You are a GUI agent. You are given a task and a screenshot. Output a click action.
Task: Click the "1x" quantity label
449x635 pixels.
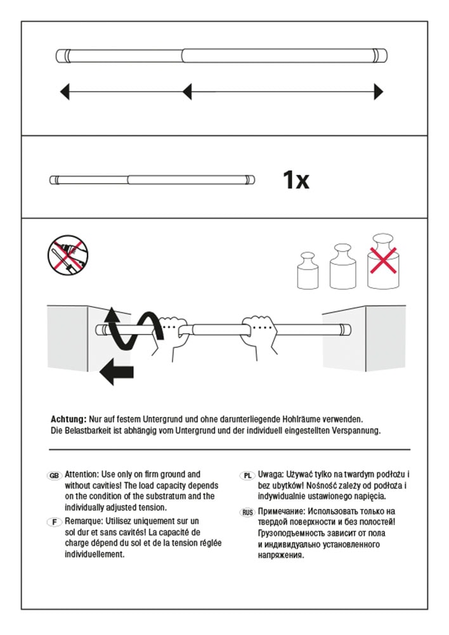coord(296,181)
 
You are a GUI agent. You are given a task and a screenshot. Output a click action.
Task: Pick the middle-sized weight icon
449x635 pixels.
coord(342,266)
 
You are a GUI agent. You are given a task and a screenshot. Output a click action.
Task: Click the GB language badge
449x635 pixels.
coord(55,475)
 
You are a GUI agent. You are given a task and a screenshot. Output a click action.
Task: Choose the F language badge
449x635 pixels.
coord(55,521)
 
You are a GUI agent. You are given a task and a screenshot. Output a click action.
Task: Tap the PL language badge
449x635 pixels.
coord(247,475)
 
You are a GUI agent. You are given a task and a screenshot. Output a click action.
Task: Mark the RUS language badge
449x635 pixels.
coord(247,511)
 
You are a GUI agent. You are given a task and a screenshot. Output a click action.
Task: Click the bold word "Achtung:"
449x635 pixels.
coord(68,420)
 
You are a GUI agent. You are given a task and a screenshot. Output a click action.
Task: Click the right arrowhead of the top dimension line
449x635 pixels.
coord(379,93)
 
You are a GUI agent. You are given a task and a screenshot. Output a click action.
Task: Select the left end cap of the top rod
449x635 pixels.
coord(63,56)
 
